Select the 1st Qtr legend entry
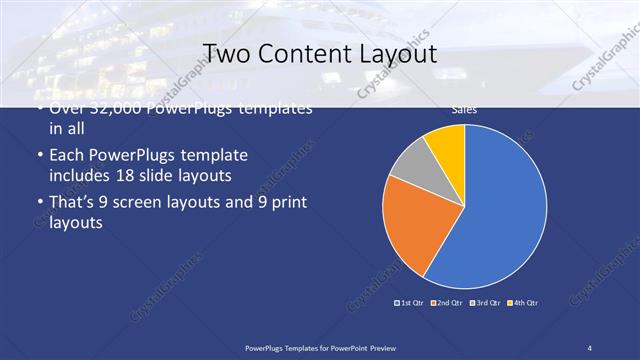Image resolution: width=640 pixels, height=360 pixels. point(410,302)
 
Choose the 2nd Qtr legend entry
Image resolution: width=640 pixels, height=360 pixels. point(448,302)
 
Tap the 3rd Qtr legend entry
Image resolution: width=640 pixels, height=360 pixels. point(486,302)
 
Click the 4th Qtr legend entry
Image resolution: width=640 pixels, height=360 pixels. point(523,302)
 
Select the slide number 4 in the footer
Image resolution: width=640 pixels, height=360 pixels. point(589,346)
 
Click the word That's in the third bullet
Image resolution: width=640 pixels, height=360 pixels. point(73,203)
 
